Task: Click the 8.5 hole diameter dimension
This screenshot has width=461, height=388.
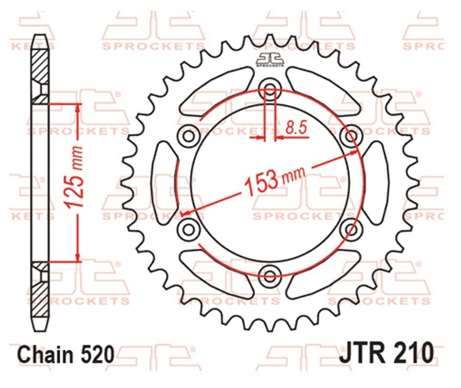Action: (296, 128)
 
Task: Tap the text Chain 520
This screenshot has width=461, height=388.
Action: (66, 355)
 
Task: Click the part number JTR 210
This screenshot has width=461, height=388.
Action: (386, 352)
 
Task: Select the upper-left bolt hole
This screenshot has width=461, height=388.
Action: (189, 136)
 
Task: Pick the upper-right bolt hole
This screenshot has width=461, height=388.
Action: (350, 136)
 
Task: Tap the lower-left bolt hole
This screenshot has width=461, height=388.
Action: (189, 228)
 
